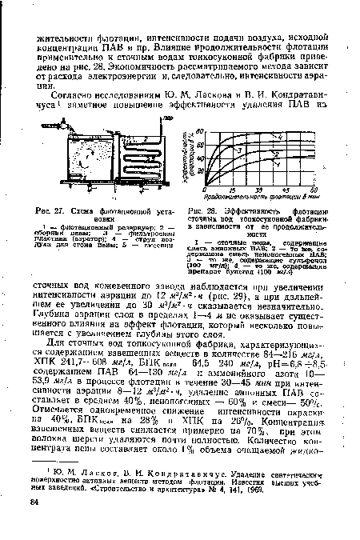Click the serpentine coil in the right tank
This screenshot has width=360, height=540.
(x=170, y=156)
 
